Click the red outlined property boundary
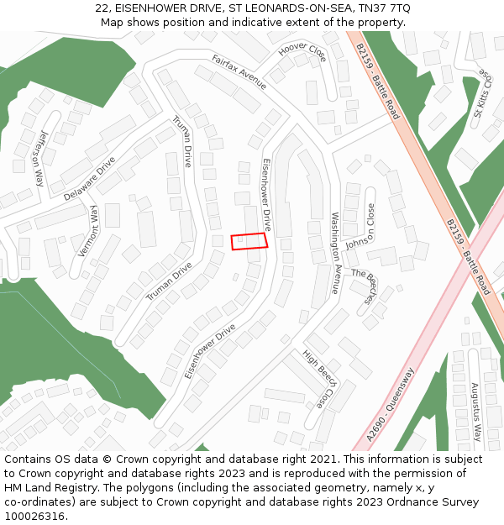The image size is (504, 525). click(x=249, y=241)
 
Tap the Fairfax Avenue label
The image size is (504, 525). click(x=239, y=73)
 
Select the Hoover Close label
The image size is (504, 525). click(x=302, y=52)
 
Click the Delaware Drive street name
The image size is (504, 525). click(x=90, y=178)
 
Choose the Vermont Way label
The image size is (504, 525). click(x=87, y=229)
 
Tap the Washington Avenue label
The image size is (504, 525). click(x=333, y=252)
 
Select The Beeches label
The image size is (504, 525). click(x=366, y=286)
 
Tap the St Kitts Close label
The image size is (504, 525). click(x=483, y=97)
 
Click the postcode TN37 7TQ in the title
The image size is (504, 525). click(x=388, y=8)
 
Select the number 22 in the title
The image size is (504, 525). click(x=101, y=8)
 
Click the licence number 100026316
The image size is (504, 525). click(x=34, y=516)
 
